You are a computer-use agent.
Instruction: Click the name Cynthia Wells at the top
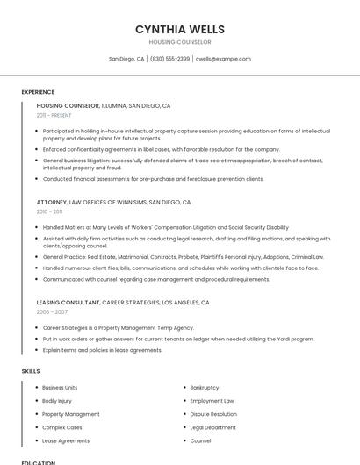click(180, 29)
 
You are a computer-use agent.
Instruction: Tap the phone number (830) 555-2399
click(169, 59)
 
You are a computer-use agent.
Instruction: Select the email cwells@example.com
click(223, 59)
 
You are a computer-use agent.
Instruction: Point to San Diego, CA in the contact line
click(126, 59)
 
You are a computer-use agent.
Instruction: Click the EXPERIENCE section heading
click(38, 92)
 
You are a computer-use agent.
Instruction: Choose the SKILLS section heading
click(31, 371)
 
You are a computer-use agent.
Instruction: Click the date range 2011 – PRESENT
click(54, 115)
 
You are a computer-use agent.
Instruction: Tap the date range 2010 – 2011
click(49, 211)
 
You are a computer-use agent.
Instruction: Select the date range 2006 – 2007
click(52, 311)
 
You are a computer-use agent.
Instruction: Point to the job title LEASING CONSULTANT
click(68, 302)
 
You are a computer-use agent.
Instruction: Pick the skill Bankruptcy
click(204, 387)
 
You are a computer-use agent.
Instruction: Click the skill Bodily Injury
click(57, 401)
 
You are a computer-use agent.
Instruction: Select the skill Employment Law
click(212, 401)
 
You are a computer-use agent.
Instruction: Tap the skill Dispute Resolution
click(213, 414)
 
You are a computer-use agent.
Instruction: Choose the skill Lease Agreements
click(66, 440)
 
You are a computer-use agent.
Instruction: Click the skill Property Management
click(70, 414)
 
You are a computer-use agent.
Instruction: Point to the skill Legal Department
click(212, 427)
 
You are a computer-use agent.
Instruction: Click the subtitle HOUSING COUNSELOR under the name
click(180, 42)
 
